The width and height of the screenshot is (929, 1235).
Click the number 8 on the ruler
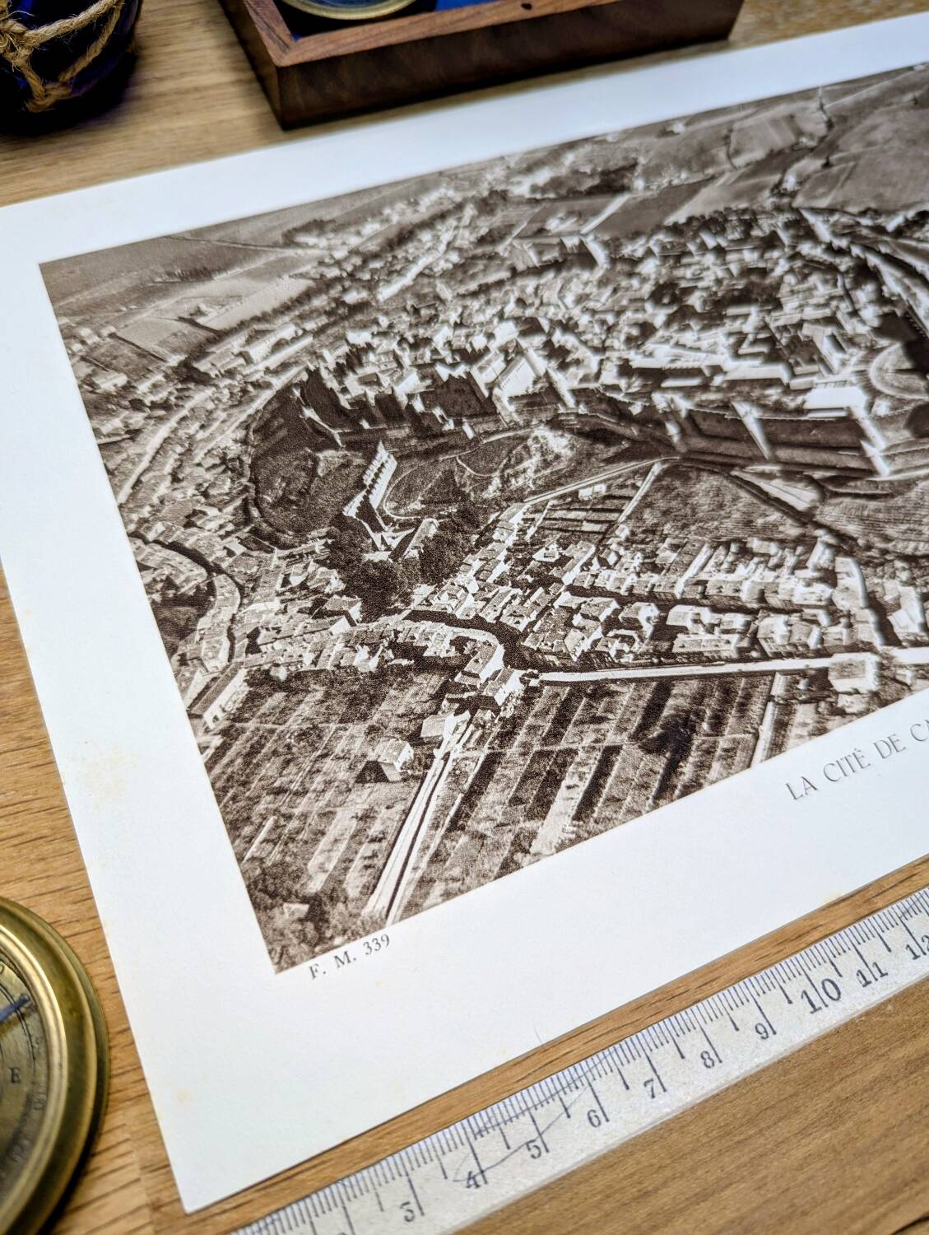click(707, 1057)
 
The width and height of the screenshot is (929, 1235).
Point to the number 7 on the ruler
click(649, 1086)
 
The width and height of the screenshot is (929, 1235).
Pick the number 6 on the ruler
click(594, 1116)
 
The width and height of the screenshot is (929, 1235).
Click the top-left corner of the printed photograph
click(41, 264)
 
